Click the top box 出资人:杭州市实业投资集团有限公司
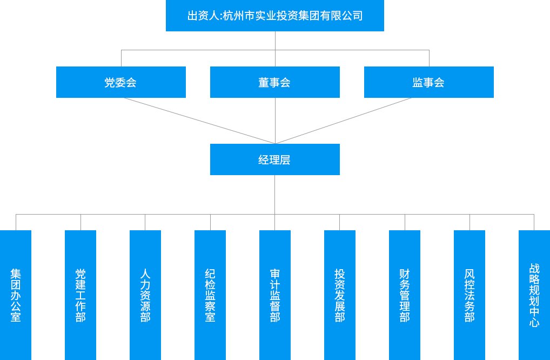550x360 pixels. (274, 16)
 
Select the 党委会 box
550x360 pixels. (120, 82)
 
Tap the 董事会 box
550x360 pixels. (274, 82)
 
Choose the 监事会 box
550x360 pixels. (428, 82)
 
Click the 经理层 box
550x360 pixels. (274, 159)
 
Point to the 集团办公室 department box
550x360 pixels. (16, 295)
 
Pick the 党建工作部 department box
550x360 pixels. (81, 295)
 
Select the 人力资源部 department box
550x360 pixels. (145, 295)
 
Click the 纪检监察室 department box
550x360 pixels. (210, 295)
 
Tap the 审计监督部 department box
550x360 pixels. (275, 295)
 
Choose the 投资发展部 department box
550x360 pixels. (340, 295)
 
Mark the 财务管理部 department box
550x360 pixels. (405, 295)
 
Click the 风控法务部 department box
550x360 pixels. (469, 295)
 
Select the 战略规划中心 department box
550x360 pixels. (534, 295)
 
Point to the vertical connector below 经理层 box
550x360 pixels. (274, 195)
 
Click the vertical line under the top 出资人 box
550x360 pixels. (275, 41)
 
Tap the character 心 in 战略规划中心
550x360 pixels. (534, 323)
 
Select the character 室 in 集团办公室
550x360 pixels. (16, 317)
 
